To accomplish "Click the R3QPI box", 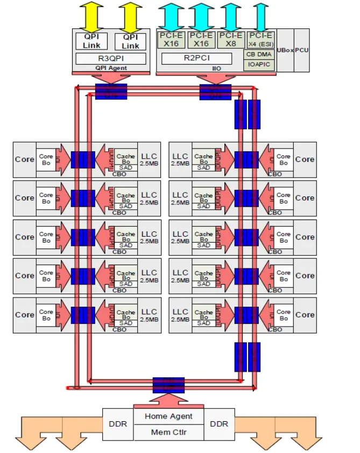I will tap(110, 58).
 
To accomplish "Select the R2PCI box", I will tap(200, 58).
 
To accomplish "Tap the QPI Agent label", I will tap(110, 68).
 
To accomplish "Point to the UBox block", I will tap(285, 51).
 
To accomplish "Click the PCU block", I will tap(302, 51).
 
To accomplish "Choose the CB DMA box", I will tap(259, 54).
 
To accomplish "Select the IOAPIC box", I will tap(259, 65).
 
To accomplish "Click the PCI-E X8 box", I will tap(230, 40).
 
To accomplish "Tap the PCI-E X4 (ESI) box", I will tap(260, 40).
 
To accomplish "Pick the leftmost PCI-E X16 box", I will tap(171, 40).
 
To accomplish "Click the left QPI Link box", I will tap(91, 41).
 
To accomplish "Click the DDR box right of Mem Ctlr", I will tap(218, 424).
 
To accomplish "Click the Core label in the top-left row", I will tap(24, 159).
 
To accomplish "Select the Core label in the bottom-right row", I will tap(305, 315).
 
